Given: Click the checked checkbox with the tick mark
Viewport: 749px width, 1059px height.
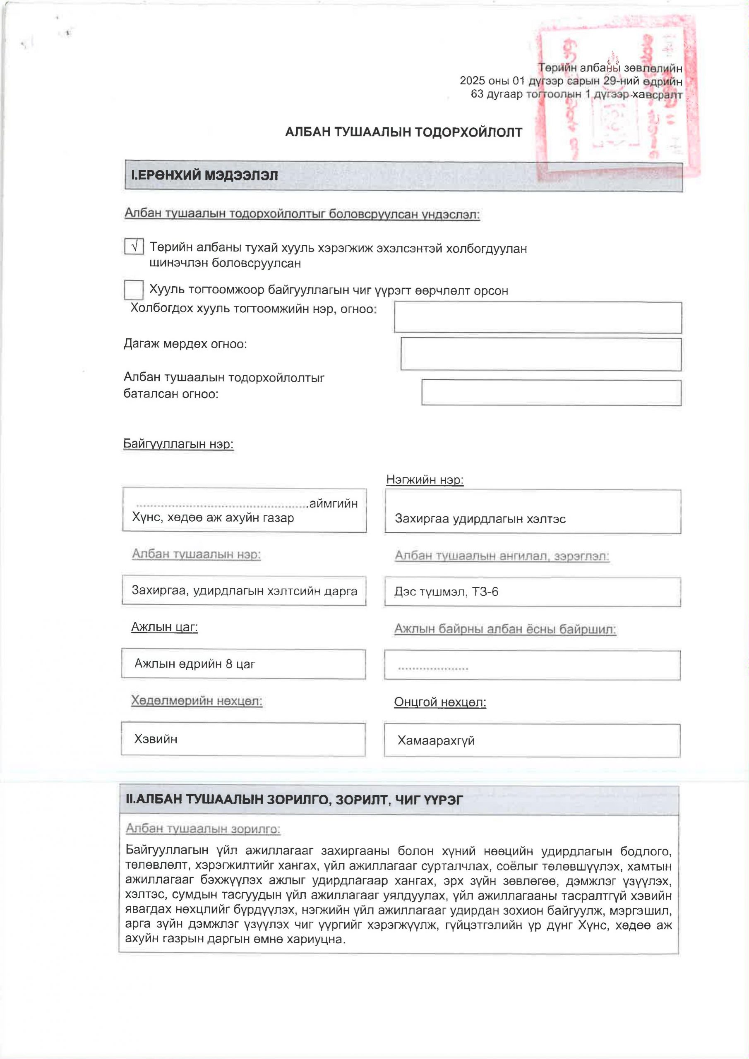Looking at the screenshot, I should [x=134, y=246].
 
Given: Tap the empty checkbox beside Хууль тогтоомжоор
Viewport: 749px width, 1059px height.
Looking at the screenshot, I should [x=134, y=290].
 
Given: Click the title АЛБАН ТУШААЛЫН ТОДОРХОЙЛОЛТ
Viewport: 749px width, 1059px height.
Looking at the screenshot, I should [x=403, y=132].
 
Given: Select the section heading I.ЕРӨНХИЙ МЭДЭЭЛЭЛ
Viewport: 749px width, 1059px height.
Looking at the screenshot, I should [x=204, y=176].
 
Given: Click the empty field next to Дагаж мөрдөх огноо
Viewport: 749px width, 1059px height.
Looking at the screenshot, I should [x=541, y=354].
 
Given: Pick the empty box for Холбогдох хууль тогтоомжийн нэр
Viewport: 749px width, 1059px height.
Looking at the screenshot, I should [x=538, y=317].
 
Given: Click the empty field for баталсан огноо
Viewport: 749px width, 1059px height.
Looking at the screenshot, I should [x=551, y=393].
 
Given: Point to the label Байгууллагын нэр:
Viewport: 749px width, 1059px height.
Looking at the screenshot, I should [x=178, y=444].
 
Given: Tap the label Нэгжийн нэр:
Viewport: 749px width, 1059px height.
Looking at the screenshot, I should [x=425, y=480].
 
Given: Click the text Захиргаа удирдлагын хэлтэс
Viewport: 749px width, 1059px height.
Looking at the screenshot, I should [x=480, y=519].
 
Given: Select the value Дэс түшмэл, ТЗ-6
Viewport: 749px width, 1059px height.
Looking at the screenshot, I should [x=446, y=592].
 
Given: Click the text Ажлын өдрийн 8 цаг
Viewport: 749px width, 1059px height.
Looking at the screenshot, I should [x=195, y=664].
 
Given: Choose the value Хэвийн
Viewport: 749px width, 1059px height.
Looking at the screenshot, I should [x=156, y=739].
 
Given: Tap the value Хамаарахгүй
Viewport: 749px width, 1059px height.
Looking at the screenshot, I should [x=436, y=741].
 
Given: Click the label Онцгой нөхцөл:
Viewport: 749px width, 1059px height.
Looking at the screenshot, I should [x=440, y=702].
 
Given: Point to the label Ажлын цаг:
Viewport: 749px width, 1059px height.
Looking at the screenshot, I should [x=164, y=627].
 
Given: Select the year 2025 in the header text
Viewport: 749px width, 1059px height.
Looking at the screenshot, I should [x=472, y=81].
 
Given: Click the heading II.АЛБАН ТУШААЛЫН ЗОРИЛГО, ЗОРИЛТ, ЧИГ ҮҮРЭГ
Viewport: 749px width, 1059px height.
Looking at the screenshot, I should [x=294, y=800].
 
